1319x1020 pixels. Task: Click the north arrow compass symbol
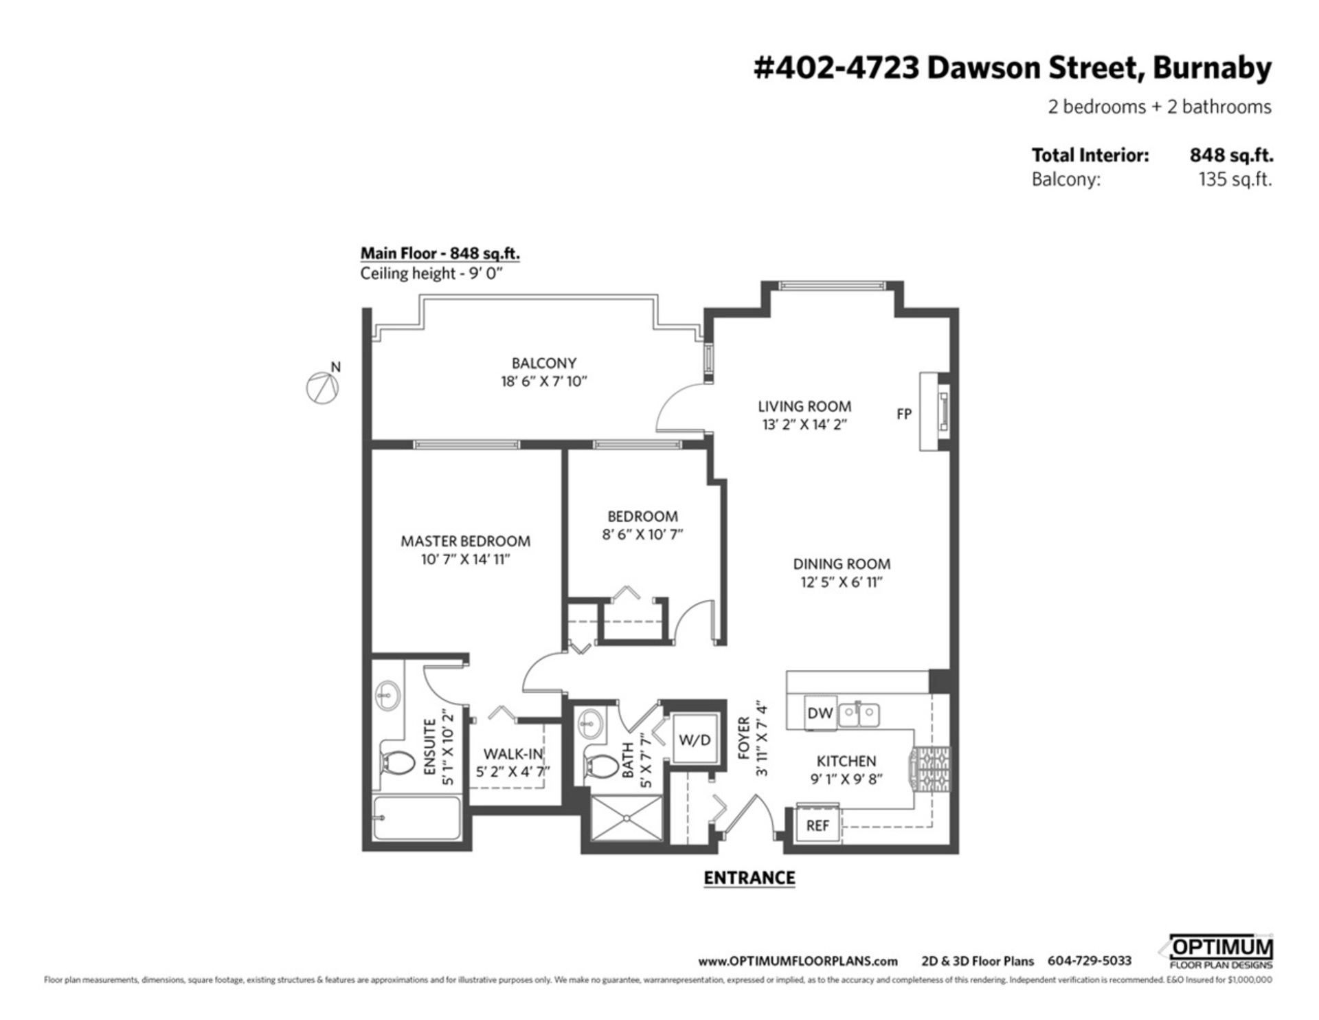click(x=322, y=388)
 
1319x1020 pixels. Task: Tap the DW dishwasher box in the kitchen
click(x=820, y=713)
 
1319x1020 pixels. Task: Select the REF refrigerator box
click(x=817, y=825)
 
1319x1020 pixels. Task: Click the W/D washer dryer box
click(x=695, y=740)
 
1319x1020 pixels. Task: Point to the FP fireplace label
click(x=903, y=414)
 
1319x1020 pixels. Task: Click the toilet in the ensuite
click(x=397, y=764)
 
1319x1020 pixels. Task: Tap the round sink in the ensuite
click(x=388, y=696)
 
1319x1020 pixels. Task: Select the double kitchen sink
click(x=859, y=713)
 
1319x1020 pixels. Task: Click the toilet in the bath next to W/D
click(x=602, y=766)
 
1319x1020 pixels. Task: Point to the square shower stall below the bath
click(x=626, y=817)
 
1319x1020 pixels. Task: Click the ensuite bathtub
click(x=417, y=817)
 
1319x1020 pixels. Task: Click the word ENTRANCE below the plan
click(x=749, y=878)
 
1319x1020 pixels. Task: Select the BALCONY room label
click(x=543, y=363)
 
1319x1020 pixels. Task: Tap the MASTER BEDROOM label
click(x=465, y=541)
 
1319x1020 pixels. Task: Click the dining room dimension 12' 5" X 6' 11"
click(x=841, y=582)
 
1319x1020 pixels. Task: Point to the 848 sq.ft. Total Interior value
click(x=1230, y=155)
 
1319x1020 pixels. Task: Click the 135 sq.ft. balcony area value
click(x=1235, y=179)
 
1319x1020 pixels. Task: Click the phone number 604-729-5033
click(x=1089, y=961)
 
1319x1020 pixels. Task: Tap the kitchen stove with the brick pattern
click(x=931, y=770)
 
